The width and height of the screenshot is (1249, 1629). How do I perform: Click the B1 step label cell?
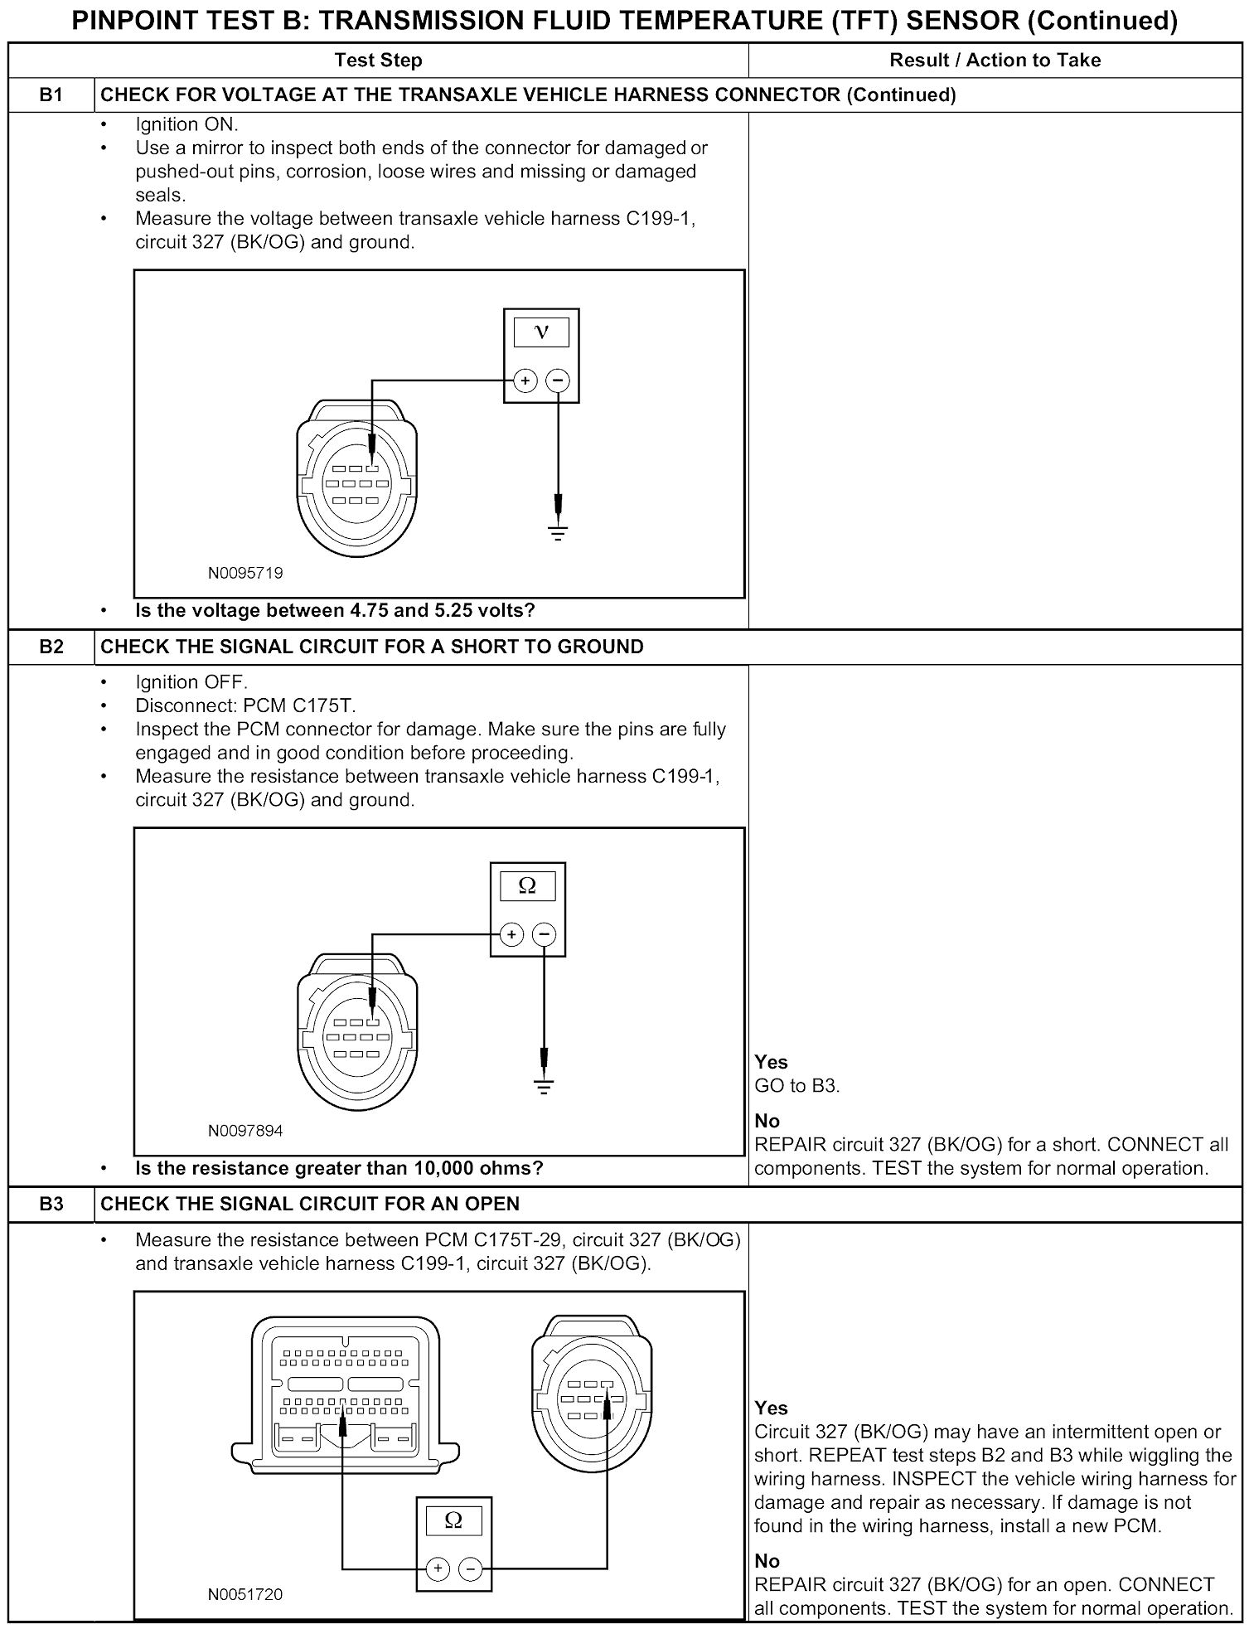51,95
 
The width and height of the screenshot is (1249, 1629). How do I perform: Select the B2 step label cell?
51,647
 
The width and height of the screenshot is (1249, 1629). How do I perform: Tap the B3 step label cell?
51,1204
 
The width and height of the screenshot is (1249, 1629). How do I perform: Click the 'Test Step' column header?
378,61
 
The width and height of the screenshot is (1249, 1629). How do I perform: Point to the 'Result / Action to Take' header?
995,61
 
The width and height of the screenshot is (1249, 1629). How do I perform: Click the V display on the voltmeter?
541,332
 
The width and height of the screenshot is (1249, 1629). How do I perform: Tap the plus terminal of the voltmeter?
525,381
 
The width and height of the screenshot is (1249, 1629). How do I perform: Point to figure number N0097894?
245,1131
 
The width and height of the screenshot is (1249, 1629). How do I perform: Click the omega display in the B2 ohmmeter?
527,886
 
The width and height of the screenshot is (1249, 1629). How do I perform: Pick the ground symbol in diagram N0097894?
544,1086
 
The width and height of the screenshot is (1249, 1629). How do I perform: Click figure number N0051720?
245,1594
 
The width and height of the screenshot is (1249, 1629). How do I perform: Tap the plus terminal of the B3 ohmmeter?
438,1568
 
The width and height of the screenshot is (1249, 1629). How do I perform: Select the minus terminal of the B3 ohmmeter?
470,1568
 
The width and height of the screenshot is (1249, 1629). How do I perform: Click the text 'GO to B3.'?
797,1086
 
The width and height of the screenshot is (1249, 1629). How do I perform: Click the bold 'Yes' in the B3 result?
771,1408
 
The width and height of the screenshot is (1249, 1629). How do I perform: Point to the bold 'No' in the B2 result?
767,1121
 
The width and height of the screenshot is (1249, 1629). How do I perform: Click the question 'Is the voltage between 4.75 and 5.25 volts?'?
335,611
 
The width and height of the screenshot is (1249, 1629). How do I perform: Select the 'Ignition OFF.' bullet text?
191,682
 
